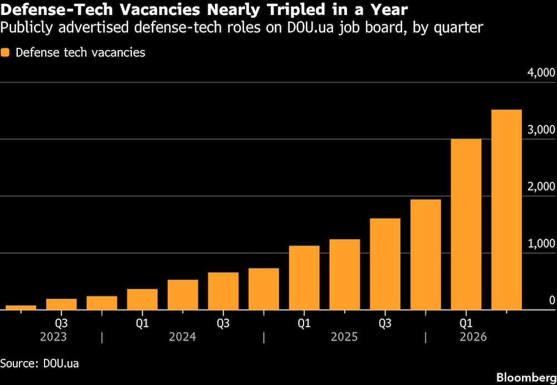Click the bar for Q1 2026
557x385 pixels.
pos(466,224)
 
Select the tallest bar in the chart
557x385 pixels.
pos(506,210)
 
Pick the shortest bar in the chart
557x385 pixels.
pos(21,308)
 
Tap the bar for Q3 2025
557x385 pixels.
pos(385,264)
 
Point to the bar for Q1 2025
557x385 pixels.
pos(304,278)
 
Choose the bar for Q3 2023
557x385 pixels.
pos(61,304)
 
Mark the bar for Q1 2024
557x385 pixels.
pos(142,299)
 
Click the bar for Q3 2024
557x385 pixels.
pos(223,291)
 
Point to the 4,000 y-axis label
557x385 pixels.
pos(541,73)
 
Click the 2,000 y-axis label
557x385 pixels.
pos(541,186)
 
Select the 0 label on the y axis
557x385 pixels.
pos(551,300)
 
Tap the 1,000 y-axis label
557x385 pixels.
pos(541,244)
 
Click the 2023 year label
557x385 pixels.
pos(53,337)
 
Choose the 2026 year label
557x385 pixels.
pos(473,337)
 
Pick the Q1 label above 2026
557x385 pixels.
pos(466,324)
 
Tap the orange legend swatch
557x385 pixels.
pos(5,52)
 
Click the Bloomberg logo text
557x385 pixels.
pos(526,377)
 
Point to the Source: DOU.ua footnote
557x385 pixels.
pos(40,364)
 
